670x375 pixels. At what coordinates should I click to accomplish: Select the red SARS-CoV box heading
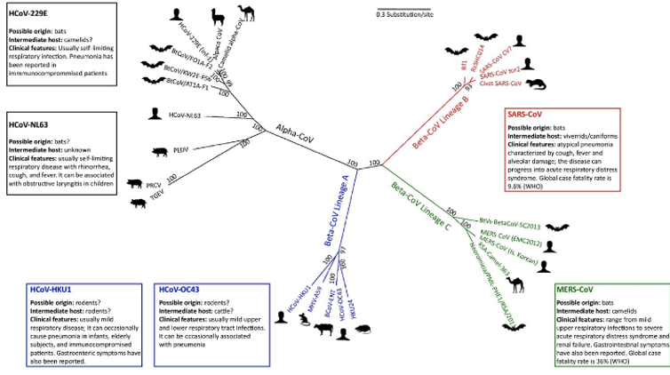point(523,115)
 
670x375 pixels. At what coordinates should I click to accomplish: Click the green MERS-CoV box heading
point(576,291)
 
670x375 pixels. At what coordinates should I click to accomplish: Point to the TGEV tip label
point(157,202)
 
